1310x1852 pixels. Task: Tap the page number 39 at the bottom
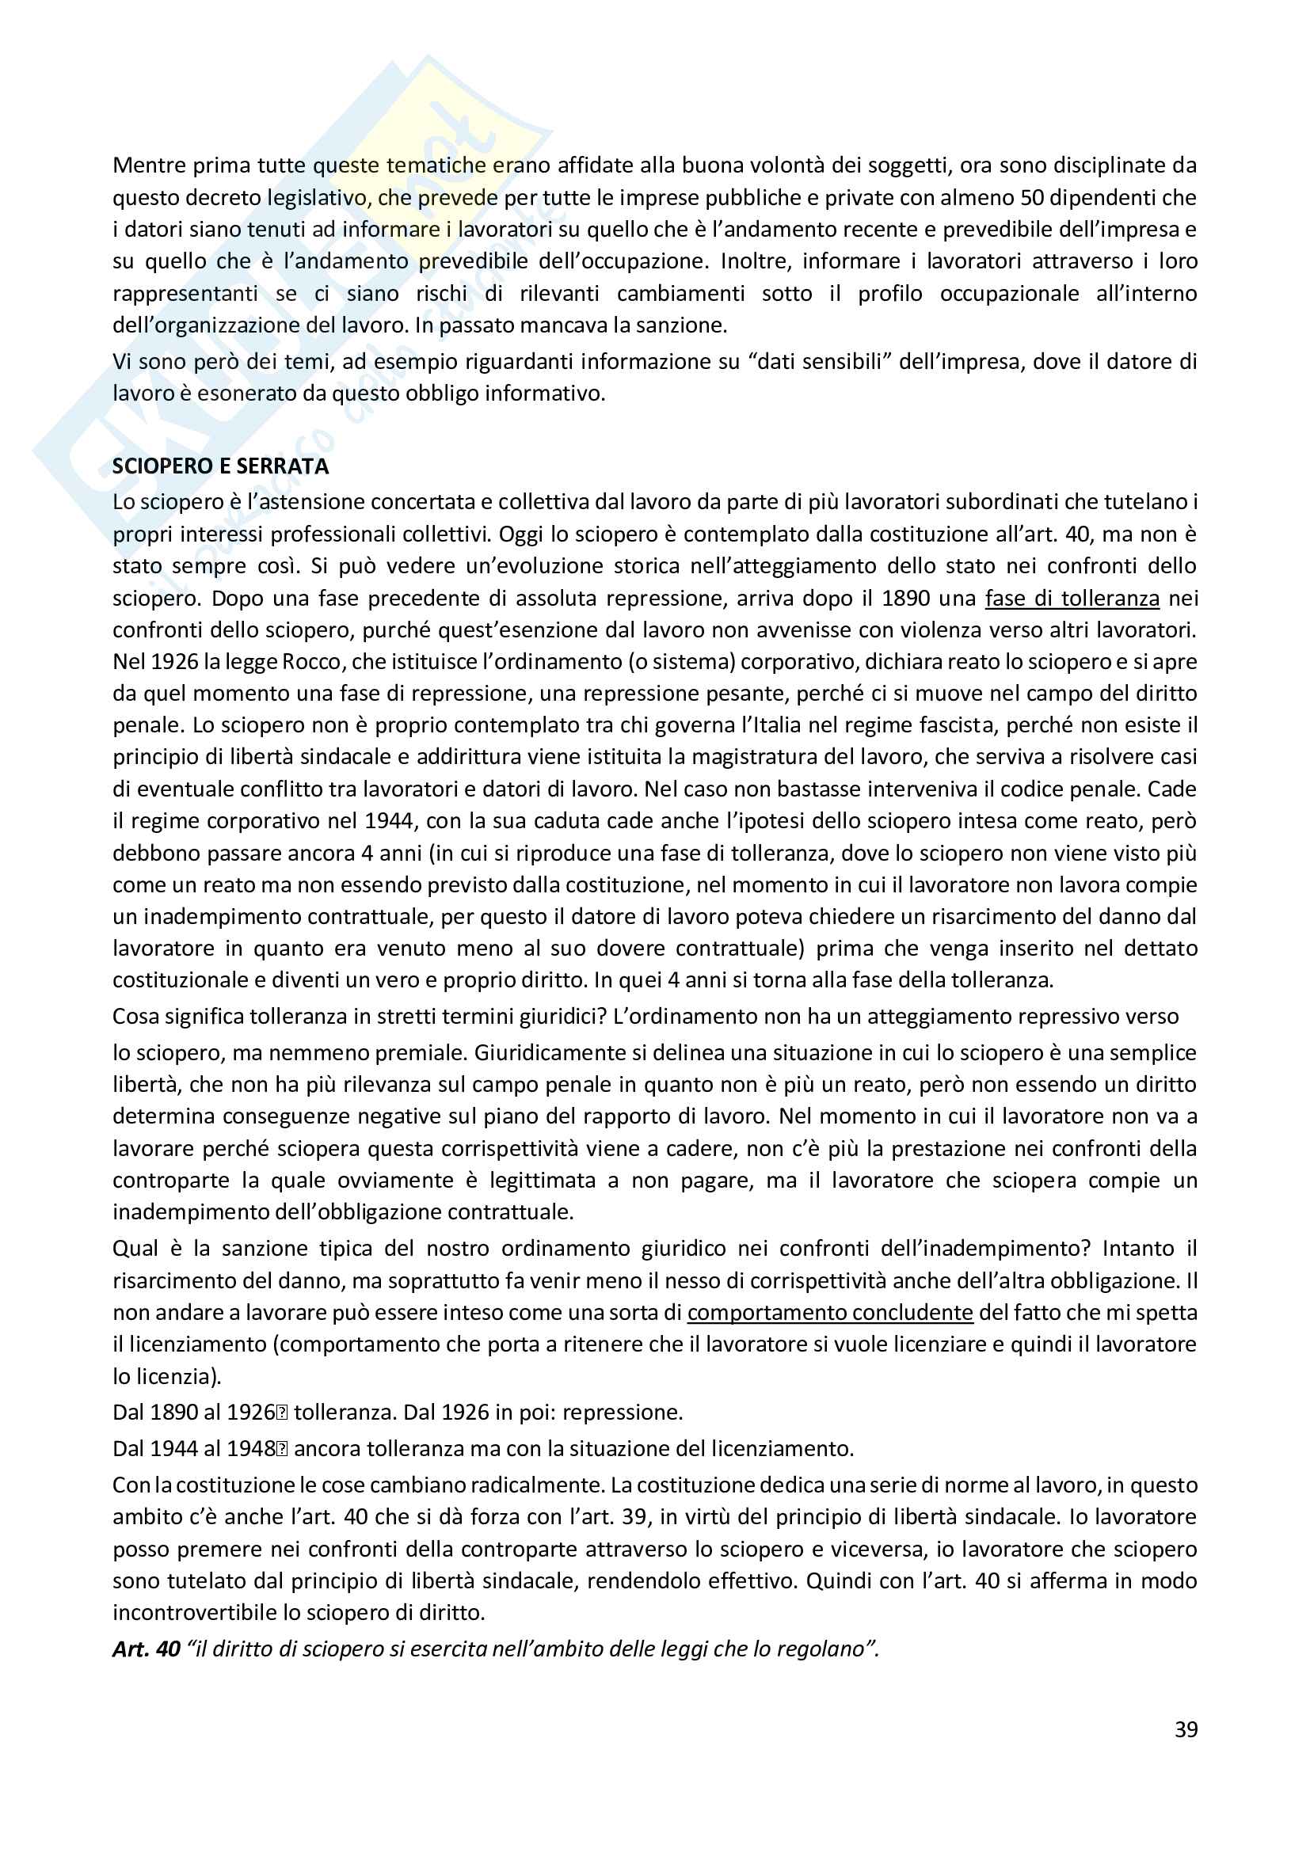click(x=1186, y=1729)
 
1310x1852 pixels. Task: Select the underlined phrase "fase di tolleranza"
click(x=1072, y=599)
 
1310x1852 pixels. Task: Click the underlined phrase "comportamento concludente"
click(x=830, y=1312)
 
